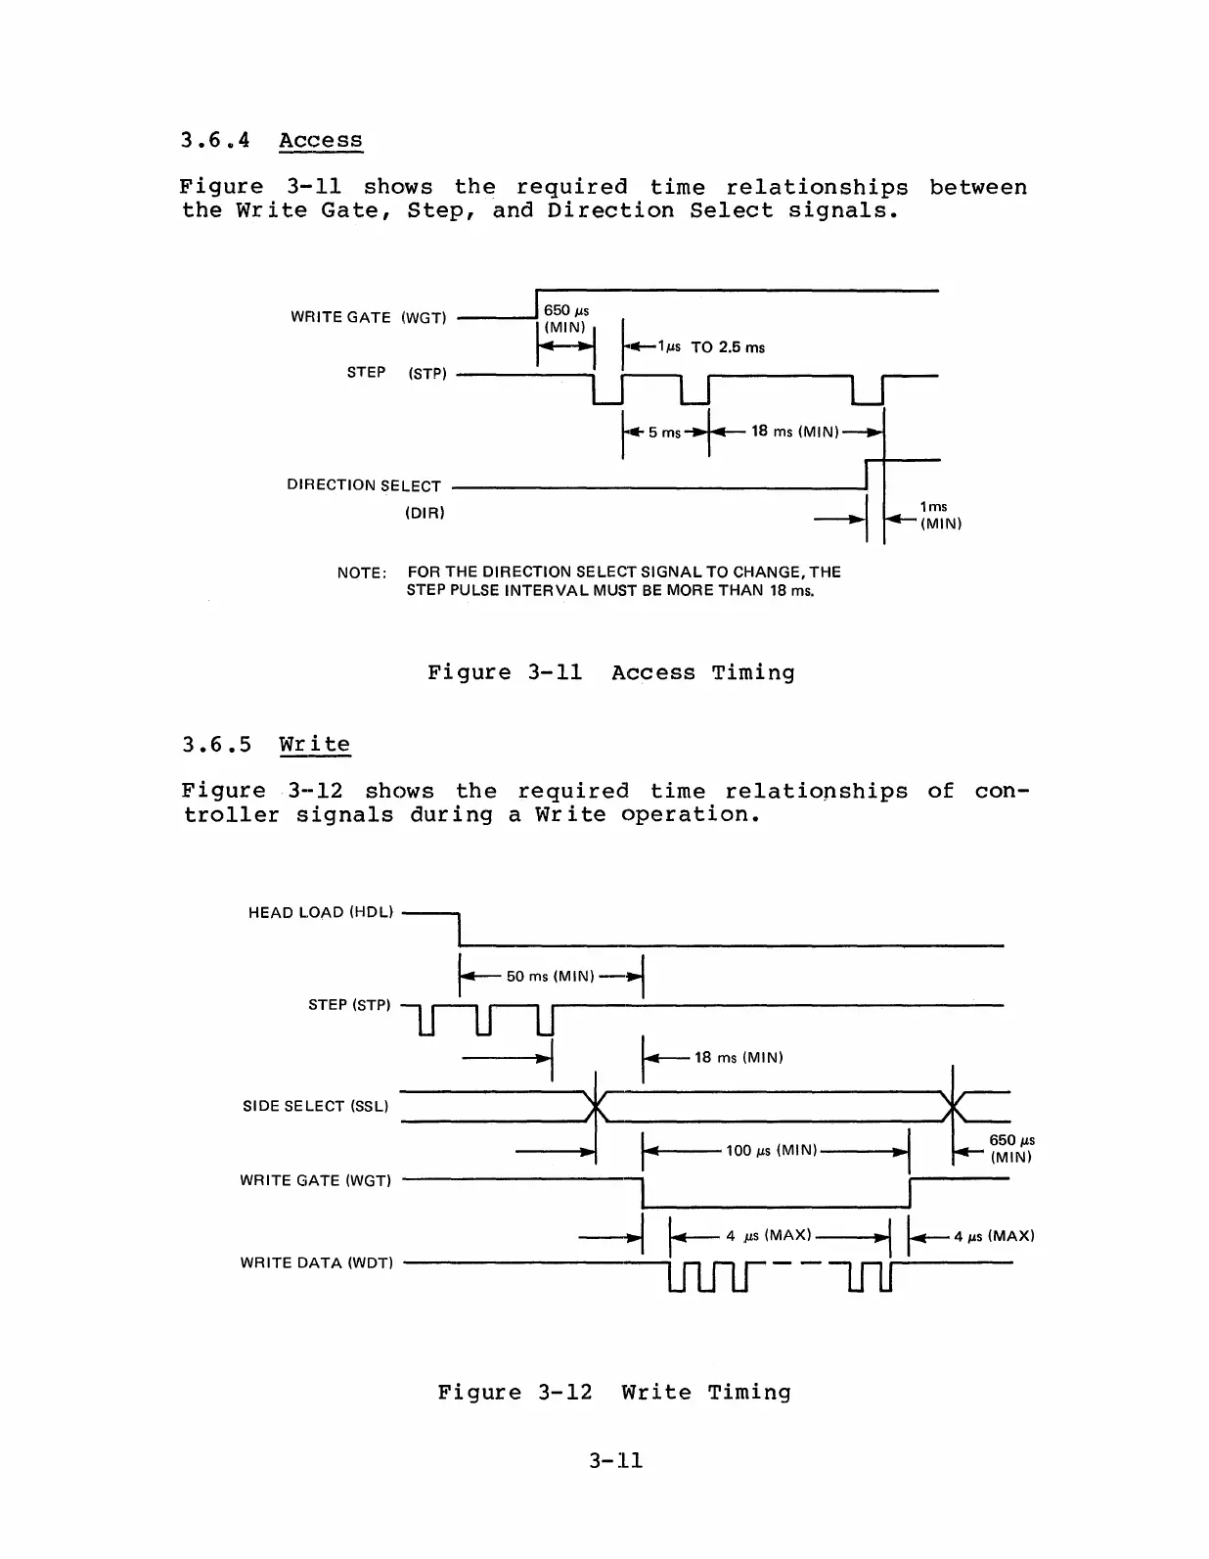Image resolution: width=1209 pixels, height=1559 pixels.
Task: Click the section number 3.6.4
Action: point(215,140)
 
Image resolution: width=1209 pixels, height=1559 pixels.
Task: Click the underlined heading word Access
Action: point(320,140)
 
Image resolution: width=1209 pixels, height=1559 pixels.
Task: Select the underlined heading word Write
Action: point(314,744)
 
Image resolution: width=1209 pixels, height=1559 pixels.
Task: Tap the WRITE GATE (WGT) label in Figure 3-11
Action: point(368,317)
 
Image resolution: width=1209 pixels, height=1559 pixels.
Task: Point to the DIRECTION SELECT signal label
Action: point(364,485)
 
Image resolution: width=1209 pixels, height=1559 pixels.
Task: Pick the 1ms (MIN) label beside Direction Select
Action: point(940,515)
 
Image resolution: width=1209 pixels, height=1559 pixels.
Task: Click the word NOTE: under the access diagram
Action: point(362,573)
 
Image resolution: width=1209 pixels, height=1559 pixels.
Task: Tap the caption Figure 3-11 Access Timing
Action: point(610,672)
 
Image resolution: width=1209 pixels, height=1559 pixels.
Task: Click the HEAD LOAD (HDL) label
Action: point(321,913)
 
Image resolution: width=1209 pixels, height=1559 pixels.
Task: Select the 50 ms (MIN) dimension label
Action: point(550,977)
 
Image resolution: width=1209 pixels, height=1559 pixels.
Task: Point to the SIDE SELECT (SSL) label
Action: point(315,1106)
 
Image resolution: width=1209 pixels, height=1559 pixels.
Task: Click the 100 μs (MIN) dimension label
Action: point(771,1151)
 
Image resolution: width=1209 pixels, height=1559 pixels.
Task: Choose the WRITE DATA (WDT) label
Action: point(317,1263)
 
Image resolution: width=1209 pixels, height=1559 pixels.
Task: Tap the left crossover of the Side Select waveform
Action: point(595,1107)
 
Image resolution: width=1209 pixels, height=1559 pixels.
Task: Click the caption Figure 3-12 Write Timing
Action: point(613,1392)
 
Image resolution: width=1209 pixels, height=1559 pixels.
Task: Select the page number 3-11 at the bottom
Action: point(615,1461)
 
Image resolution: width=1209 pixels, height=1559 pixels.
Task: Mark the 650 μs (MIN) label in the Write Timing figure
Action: point(1011,1148)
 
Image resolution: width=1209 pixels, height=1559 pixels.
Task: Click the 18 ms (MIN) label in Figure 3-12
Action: point(739,1058)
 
